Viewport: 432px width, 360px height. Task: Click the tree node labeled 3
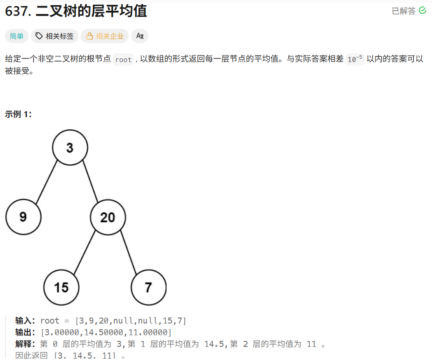point(70,148)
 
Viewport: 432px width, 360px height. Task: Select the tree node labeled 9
point(23,217)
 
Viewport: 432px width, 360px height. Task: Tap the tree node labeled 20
point(108,217)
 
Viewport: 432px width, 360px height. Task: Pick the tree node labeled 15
point(61,287)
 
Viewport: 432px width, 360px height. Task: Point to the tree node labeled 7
point(148,287)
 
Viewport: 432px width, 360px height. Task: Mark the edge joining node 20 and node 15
point(84,253)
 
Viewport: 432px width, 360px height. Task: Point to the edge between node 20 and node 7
point(129,253)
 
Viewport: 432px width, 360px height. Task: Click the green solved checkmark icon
point(423,10)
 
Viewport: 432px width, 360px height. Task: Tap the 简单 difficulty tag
point(16,36)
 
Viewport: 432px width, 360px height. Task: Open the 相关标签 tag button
point(54,36)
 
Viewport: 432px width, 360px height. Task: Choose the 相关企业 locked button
point(105,36)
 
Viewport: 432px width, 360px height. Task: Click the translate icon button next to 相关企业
point(139,36)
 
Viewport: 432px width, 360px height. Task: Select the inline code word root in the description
point(124,59)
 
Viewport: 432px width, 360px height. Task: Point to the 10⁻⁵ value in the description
point(355,59)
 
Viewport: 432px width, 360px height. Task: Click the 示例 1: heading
point(19,114)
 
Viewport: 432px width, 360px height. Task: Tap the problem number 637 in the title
point(17,11)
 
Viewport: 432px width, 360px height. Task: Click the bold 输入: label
point(25,321)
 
